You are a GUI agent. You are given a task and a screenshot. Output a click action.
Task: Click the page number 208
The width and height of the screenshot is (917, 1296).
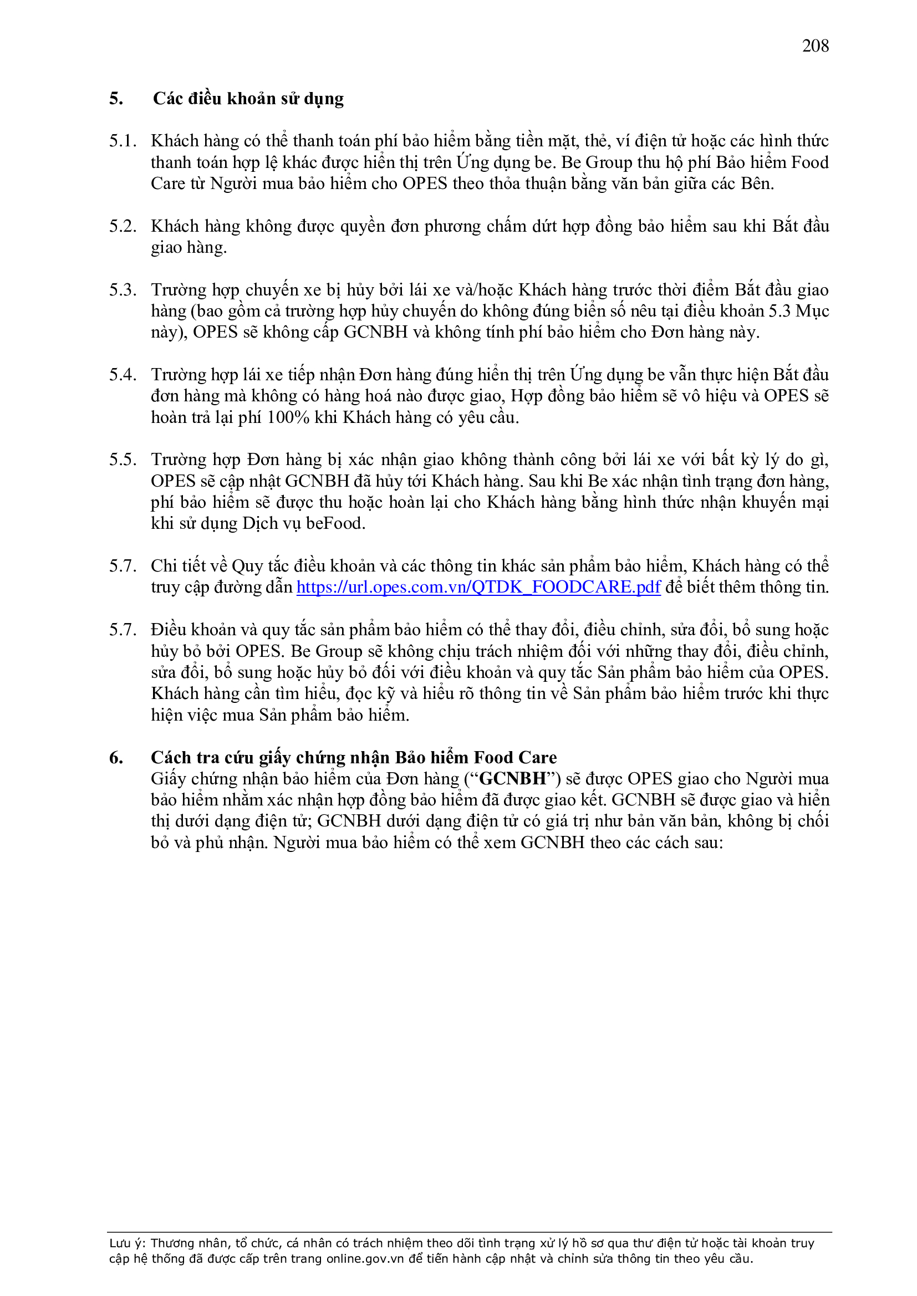click(815, 45)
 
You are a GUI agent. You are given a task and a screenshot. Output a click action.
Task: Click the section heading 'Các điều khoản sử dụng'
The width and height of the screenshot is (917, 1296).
click(248, 99)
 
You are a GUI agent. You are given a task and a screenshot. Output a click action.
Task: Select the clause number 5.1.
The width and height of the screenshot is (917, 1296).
click(123, 141)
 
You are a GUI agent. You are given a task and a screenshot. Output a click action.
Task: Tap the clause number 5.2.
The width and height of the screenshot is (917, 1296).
click(123, 226)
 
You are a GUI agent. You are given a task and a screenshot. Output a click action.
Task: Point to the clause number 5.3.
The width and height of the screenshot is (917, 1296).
click(123, 290)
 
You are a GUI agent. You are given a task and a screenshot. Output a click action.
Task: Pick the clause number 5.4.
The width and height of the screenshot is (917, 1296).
click(123, 375)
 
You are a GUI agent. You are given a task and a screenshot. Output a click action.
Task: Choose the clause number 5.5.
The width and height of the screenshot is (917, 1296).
click(123, 460)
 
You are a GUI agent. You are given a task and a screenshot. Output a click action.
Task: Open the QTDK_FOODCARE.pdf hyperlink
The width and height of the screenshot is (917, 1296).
click(478, 587)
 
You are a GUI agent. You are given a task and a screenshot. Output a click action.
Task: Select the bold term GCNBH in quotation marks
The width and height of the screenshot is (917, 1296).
click(513, 779)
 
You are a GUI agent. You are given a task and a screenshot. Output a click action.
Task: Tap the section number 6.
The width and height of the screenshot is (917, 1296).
click(116, 758)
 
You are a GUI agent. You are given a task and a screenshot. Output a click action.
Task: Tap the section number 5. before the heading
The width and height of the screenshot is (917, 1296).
click(116, 99)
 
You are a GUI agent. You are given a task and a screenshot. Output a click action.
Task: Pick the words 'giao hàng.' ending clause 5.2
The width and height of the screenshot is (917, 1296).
click(189, 248)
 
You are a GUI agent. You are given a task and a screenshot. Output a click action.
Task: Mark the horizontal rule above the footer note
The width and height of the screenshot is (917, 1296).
click(468, 1232)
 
